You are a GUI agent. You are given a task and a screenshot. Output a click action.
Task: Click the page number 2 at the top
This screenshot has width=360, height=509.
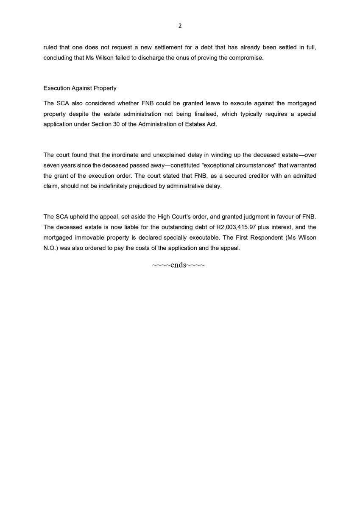[x=180, y=26]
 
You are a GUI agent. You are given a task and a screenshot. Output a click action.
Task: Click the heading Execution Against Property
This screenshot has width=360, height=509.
[x=80, y=88]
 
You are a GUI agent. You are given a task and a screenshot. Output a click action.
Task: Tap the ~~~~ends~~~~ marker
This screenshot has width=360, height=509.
[x=179, y=265]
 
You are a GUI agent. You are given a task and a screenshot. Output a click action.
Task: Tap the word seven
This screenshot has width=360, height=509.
[x=51, y=165]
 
